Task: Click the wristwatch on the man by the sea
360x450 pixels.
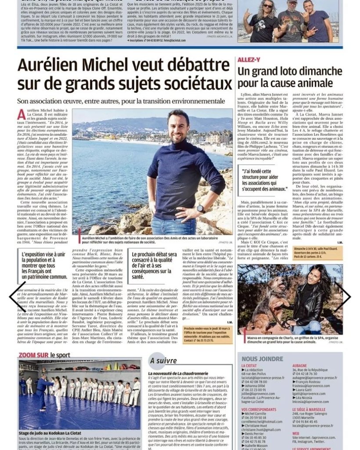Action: coord(200,209)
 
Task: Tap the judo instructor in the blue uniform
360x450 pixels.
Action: coord(43,391)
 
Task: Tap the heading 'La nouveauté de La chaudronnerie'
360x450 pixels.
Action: coord(180,374)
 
